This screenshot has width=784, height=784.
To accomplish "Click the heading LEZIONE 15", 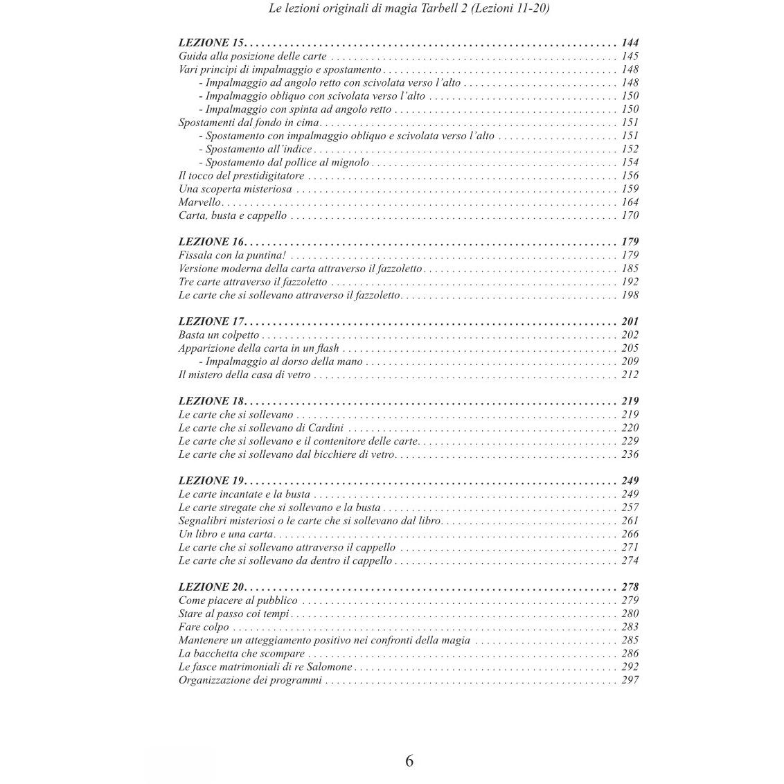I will tap(211, 43).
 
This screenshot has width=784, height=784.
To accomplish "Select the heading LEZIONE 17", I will tap(211, 321).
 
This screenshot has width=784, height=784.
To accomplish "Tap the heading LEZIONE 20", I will tap(211, 587).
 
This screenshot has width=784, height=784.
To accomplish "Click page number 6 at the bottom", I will tap(409, 760).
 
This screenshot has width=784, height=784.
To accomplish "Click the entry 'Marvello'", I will tap(199, 202).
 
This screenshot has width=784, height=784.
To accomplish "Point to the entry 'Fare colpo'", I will tap(204, 627).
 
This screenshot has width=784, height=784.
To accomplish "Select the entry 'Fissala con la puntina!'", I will tap(222, 256).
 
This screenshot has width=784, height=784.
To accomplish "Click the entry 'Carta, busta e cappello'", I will tap(233, 215).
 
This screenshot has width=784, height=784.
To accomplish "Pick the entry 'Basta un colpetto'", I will tap(218, 335).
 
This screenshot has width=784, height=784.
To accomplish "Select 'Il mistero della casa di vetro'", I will tap(244, 375).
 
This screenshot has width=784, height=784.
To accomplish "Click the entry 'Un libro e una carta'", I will tap(226, 534).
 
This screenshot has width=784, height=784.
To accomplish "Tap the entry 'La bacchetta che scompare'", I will tap(242, 654).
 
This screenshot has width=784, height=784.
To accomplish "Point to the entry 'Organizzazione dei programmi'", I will tap(250, 680).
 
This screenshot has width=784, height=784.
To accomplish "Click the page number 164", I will tap(630, 202).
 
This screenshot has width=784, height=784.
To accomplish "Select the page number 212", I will tap(630, 375).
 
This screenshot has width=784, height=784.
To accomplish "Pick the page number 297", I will tap(630, 680).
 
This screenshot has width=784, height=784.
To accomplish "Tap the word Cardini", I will tap(326, 428).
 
